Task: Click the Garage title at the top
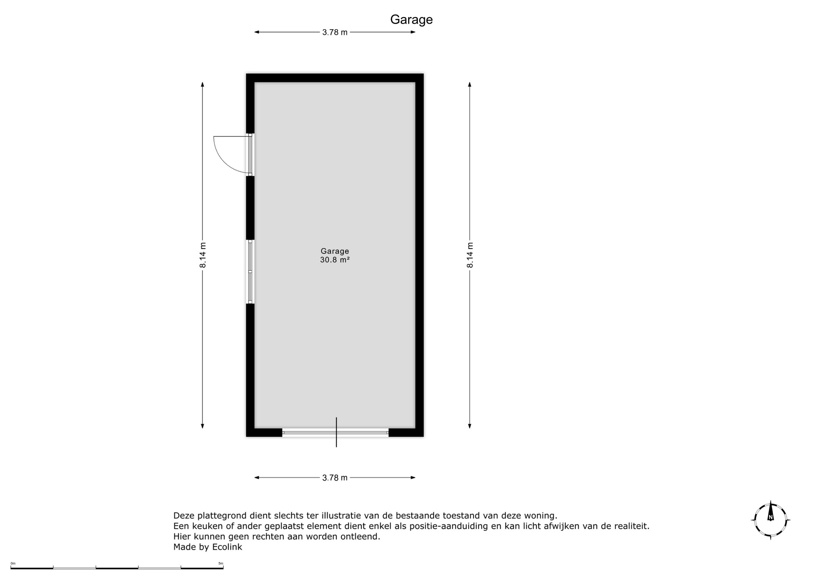pos(411,20)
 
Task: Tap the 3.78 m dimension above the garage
pos(335,32)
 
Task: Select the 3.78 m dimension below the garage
pos(335,477)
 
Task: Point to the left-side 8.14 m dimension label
pos(203,255)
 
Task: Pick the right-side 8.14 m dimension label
pos(470,255)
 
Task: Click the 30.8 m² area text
pos(335,260)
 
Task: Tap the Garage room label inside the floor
pos(335,251)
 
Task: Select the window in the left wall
pos(250,272)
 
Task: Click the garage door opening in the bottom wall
pos(335,433)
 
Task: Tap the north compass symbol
pos(771,520)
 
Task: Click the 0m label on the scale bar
pos(13,563)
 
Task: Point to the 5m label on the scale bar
pos(221,563)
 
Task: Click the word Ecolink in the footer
pos(227,547)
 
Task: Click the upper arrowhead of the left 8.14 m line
pos(203,84)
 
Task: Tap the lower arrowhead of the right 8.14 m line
pos(470,426)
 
